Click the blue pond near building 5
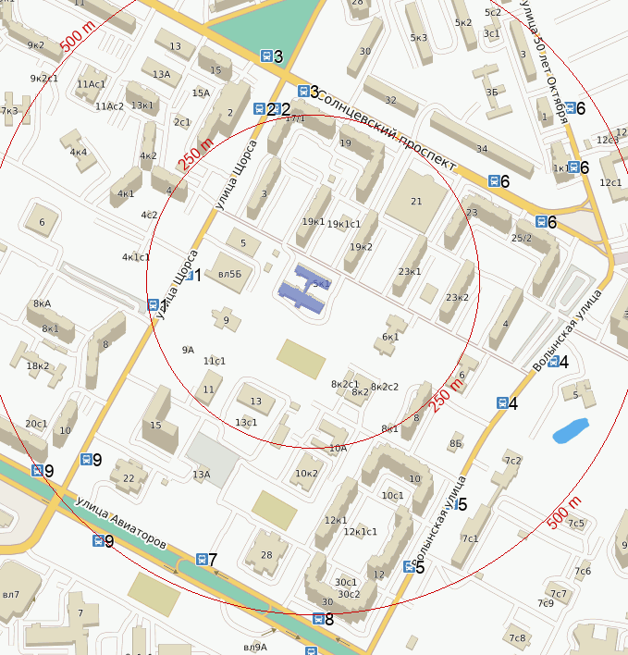[570, 430]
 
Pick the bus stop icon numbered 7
[202, 559]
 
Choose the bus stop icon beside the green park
[266, 56]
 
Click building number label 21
[415, 201]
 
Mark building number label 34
[481, 148]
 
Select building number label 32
[390, 100]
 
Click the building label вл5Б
[229, 274]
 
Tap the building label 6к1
[390, 337]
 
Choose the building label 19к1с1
[344, 224]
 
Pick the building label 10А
[338, 448]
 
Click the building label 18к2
[38, 366]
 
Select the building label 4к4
[78, 152]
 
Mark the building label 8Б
[455, 444]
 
